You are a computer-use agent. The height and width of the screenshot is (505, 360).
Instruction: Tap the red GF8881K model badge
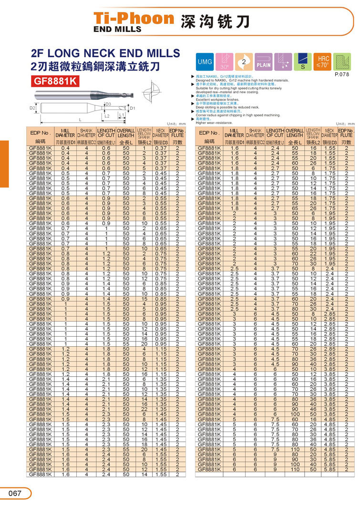pyautogui.click(x=55, y=81)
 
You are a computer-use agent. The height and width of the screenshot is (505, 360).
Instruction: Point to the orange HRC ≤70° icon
pyautogui.click(x=323, y=62)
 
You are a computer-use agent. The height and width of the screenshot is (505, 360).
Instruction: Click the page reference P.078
pyautogui.click(x=342, y=74)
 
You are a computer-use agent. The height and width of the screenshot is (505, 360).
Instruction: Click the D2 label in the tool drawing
pyautogui.click(x=32, y=108)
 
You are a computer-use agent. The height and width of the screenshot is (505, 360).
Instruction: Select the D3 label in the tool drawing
pyautogui.click(x=108, y=104)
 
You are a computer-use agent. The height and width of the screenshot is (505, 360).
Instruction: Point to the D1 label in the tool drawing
pyautogui.click(x=133, y=108)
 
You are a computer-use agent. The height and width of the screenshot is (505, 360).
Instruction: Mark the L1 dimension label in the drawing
pyautogui.click(x=122, y=115)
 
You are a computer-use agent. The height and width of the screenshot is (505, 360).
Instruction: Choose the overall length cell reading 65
pyautogui.click(x=295, y=208)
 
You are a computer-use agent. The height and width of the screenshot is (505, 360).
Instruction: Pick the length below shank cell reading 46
pyautogui.click(x=313, y=409)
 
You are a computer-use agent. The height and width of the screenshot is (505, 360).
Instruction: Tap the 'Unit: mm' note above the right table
pyautogui.click(x=345, y=124)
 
